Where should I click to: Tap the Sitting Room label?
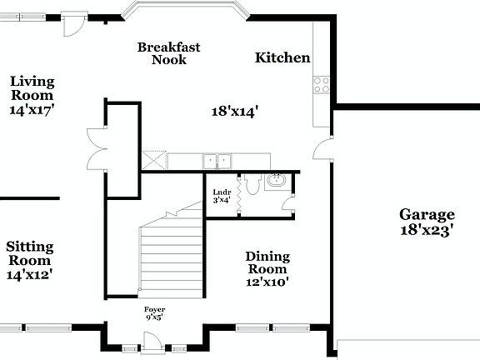coord(30,247)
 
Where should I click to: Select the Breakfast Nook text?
coord(169,53)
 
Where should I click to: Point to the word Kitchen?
coord(282,58)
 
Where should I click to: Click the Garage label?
coord(426,214)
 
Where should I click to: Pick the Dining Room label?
coord(267,262)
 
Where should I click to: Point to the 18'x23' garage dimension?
coord(426,231)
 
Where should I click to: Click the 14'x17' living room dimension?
coord(32,109)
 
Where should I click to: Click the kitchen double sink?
coord(218,160)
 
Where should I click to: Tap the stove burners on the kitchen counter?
coord(321,84)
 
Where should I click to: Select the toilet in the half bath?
coord(247,187)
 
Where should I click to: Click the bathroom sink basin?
coord(277,182)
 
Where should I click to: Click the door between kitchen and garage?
coord(323,150)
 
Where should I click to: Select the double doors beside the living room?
coord(95,147)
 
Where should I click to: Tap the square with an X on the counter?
coord(153,160)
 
